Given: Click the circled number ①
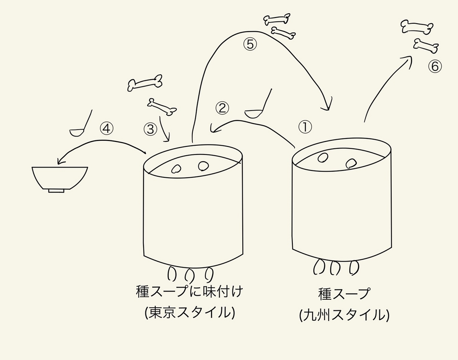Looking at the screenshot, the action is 305,127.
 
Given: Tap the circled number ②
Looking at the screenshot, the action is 222,108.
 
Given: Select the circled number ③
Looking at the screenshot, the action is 150,129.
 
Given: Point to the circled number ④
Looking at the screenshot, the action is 106,129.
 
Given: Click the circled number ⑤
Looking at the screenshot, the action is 250,45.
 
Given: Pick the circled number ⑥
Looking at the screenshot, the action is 435,66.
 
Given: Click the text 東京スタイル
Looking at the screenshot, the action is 190,312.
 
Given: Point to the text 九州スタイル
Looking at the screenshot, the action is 344,315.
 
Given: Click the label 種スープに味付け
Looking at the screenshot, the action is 189,292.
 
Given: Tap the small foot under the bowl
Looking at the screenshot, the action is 56,191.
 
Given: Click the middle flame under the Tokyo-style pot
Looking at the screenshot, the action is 189,274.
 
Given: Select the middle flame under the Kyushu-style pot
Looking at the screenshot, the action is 335,267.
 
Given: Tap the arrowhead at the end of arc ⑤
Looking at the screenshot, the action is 327,106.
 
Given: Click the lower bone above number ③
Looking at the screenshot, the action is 162,107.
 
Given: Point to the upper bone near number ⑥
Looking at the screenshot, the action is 417,27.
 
